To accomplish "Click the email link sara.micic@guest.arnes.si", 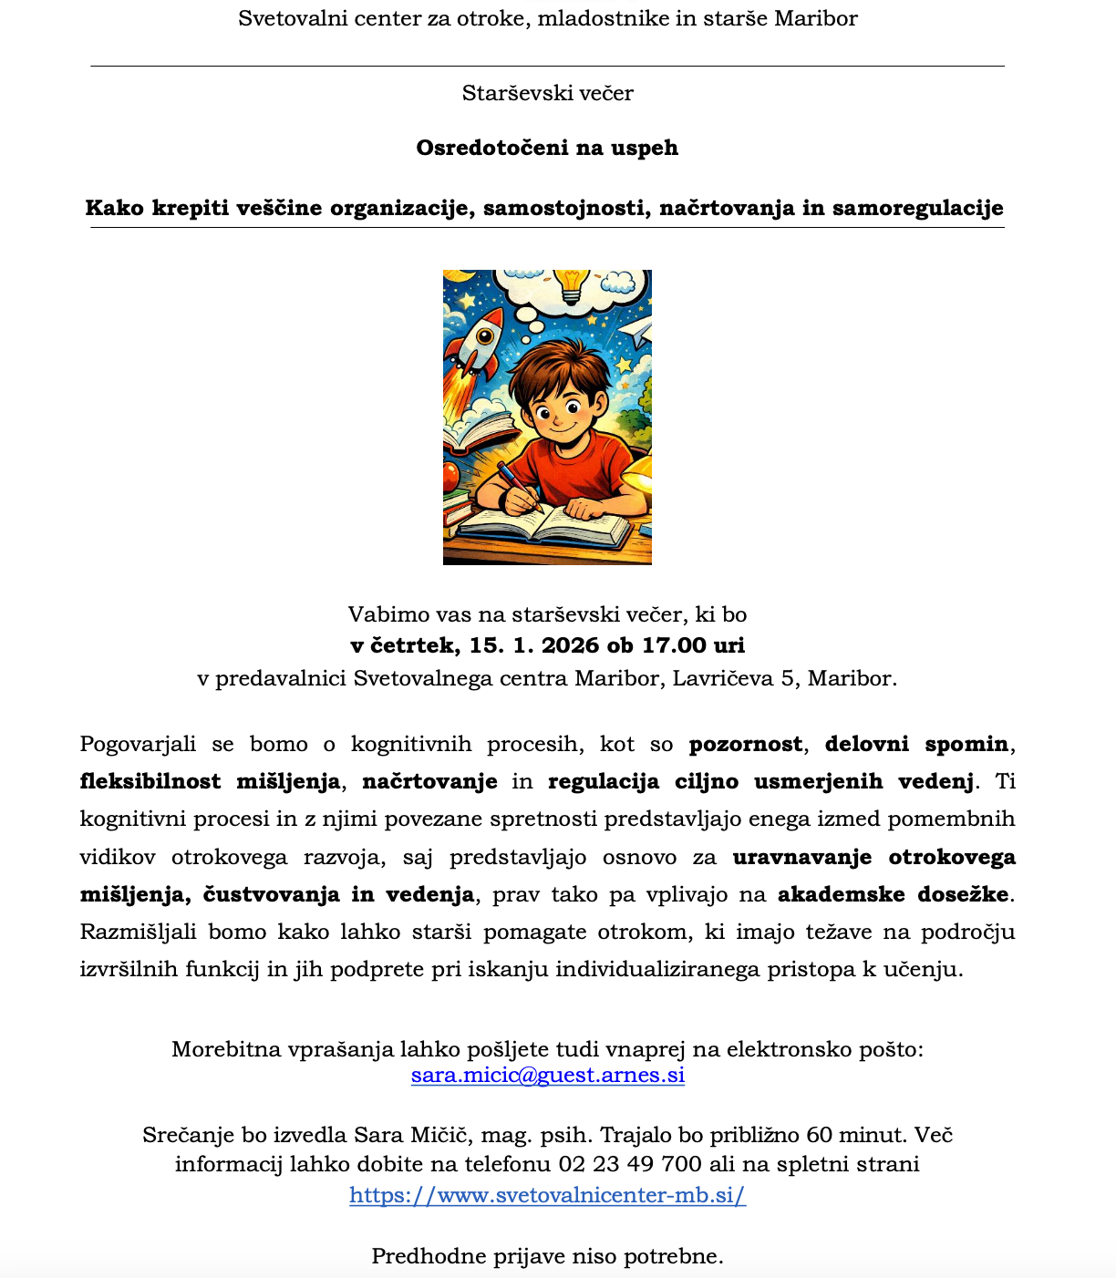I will point(548,1076).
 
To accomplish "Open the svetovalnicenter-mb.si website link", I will point(547,1195).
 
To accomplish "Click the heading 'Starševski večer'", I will point(547,93).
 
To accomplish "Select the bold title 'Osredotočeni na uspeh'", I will point(547,148).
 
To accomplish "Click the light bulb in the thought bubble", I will point(572,283).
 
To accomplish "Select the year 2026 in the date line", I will point(571,645).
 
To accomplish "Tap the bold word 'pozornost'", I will point(746,744).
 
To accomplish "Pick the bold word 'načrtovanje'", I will point(429,781).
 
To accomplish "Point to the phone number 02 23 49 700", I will point(630,1164).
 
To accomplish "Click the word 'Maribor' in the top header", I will point(815,18).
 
